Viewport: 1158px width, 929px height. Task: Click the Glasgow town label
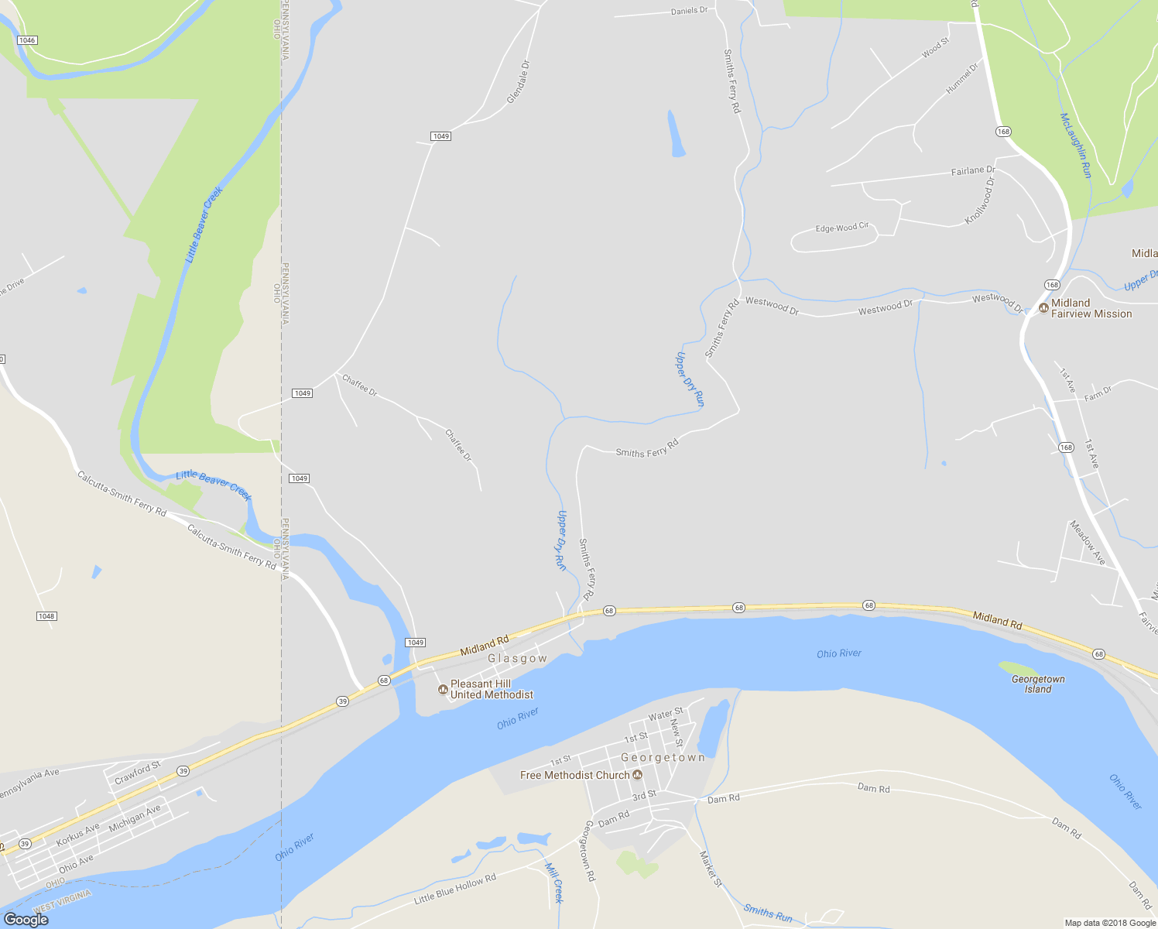[x=517, y=659]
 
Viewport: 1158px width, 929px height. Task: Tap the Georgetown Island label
[x=1038, y=684]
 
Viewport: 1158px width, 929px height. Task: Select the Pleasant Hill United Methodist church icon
[x=444, y=689]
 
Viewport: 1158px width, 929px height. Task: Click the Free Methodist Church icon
[x=638, y=775]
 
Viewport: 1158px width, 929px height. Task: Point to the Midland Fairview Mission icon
[x=1044, y=308]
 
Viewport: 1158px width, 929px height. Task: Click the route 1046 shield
[x=27, y=40]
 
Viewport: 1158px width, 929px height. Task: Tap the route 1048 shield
[x=46, y=616]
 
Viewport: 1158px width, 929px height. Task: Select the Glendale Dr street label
[x=518, y=82]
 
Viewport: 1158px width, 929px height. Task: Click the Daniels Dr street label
[x=689, y=11]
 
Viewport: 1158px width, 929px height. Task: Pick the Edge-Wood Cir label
[x=842, y=228]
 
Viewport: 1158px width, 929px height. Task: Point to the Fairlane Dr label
[x=973, y=170]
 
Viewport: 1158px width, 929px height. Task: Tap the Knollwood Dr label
[x=980, y=201]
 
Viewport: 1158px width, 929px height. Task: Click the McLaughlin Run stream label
[x=1075, y=146]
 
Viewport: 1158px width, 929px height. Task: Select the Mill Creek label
[x=554, y=883]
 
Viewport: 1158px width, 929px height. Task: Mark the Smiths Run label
[x=768, y=913]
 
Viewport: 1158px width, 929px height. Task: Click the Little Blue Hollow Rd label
[x=455, y=889]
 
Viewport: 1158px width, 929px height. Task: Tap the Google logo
[x=26, y=920]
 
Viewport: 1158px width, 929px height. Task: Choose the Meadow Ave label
[x=1088, y=542]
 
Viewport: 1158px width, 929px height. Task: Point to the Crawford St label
[x=137, y=773]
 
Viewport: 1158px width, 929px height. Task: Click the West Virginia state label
[x=62, y=900]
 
